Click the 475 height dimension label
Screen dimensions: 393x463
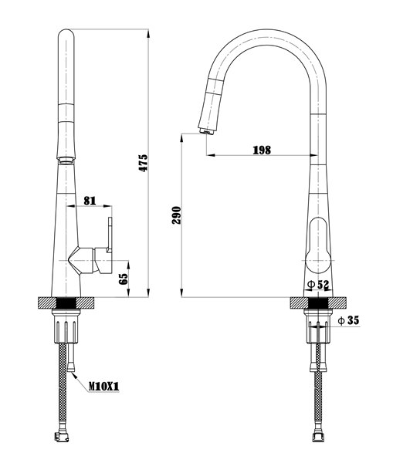(x=144, y=163)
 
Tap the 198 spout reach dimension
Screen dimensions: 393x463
(x=262, y=150)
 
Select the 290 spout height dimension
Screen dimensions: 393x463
(x=176, y=215)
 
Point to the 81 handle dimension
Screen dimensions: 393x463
(x=90, y=201)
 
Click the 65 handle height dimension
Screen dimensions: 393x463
(x=124, y=279)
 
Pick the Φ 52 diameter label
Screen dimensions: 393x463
(x=318, y=284)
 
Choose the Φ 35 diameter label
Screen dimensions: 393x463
(x=349, y=320)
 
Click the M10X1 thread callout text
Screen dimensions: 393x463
(x=104, y=387)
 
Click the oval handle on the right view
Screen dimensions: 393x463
(x=318, y=245)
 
